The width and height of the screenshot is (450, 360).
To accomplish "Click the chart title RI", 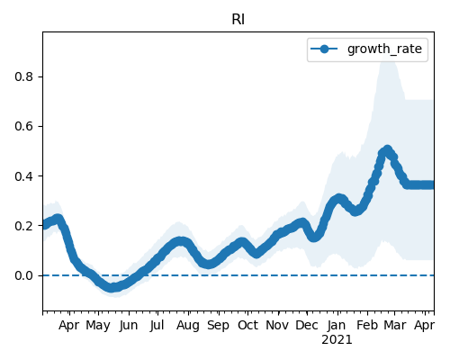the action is [238, 20].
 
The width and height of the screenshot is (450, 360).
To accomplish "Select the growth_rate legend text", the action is [384, 49].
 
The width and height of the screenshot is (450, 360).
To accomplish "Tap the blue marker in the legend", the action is [324, 49].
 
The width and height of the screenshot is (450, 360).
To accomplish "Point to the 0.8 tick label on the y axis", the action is [23, 76].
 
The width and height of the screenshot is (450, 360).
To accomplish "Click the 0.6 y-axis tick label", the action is [23, 126].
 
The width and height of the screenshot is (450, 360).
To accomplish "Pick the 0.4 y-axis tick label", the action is [23, 176].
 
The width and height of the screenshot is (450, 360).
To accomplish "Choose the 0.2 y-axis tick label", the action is [23, 226].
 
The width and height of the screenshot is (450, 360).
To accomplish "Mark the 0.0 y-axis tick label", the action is [23, 275].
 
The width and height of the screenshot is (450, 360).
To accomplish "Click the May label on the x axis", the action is [98, 326].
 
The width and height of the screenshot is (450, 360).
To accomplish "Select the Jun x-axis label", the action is [129, 326].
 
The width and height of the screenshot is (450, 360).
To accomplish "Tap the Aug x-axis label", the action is [188, 326].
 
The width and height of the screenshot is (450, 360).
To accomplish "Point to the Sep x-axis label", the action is [218, 326].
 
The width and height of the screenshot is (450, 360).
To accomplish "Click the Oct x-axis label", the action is [247, 325].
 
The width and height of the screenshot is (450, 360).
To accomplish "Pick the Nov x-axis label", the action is [277, 325].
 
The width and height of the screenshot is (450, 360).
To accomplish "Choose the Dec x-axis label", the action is [307, 325].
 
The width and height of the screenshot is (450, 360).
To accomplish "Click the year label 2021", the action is [337, 340].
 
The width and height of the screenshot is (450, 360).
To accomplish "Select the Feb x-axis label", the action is [366, 325].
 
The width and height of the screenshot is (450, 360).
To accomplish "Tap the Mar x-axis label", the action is [395, 325].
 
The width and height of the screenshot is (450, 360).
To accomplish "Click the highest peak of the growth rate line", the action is [387, 149].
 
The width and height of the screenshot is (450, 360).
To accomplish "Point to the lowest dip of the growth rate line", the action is [112, 288].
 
